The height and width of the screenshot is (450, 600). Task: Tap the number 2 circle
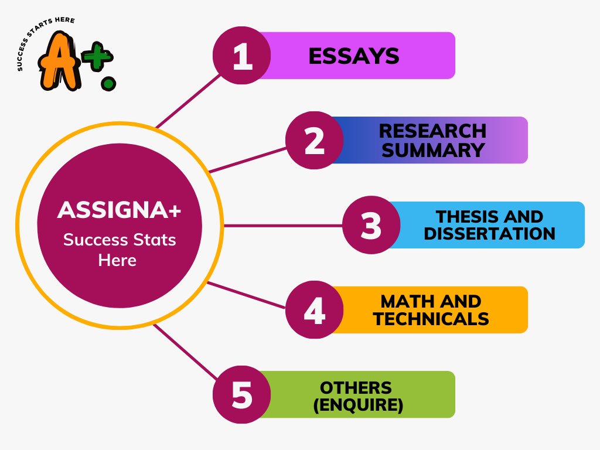pos(315,141)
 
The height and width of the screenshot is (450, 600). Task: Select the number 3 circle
pos(371,225)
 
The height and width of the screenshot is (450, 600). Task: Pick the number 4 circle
pos(315,310)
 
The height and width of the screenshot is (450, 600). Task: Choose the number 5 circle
pos(241,394)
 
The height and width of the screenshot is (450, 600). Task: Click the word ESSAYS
pos(353,56)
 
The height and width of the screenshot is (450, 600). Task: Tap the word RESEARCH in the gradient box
pos(432,130)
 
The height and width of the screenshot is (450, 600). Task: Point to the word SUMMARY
pos(433,150)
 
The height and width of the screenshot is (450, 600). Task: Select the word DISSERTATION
pos(489,234)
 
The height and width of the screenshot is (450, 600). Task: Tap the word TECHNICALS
pos(431,319)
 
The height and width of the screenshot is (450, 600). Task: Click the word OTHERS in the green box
pos(356,387)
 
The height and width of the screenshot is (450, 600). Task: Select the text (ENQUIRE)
pos(358,405)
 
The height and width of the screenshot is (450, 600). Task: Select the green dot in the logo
pos(108,83)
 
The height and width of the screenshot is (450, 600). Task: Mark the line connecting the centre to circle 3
pos(281,225)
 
